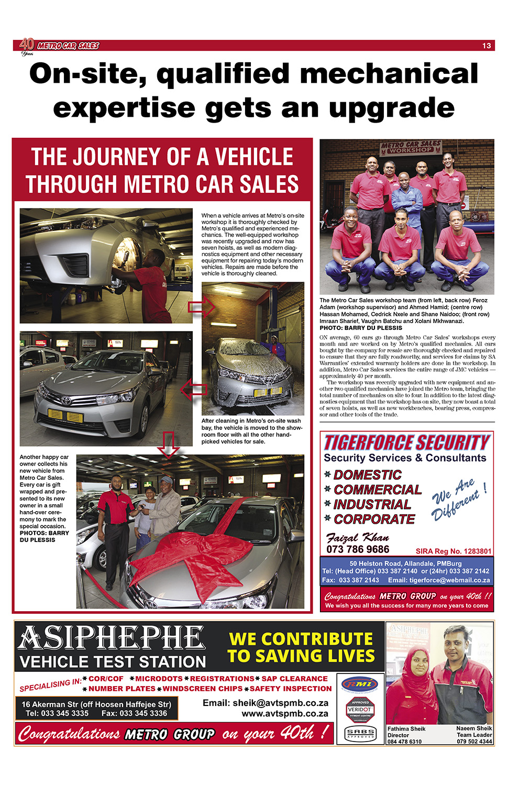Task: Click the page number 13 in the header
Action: point(487,46)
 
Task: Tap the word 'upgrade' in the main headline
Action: point(391,108)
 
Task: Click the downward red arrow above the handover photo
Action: point(169,444)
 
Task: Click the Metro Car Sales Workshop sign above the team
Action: point(410,147)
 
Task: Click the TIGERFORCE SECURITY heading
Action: point(407,443)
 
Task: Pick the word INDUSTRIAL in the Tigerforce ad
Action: point(372,504)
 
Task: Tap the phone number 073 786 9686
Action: point(358,549)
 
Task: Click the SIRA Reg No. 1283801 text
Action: point(454,551)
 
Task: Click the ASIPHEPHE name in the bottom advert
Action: point(112,638)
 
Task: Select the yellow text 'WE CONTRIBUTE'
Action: point(301,639)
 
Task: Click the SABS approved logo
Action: point(361,733)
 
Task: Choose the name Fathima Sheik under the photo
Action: point(406,728)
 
